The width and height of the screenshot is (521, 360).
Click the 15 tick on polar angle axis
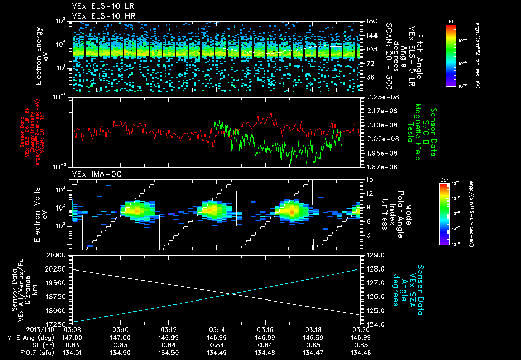pos(368,179)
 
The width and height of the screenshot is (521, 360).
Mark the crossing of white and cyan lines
pos(230,293)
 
